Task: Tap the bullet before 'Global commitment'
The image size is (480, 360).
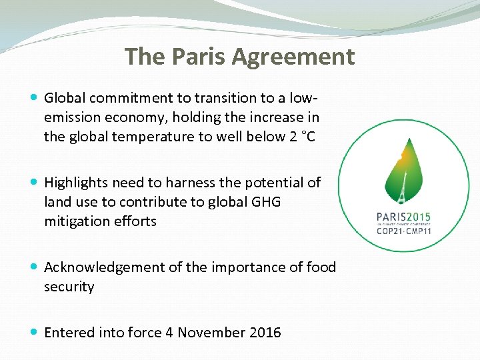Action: click(x=35, y=98)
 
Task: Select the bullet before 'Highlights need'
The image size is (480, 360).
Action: click(x=35, y=182)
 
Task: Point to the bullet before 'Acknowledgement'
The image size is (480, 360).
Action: click(x=35, y=267)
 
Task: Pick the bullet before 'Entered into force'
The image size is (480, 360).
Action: click(x=35, y=332)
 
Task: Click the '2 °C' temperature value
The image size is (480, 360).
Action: click(x=303, y=137)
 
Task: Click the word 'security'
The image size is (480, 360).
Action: click(x=69, y=287)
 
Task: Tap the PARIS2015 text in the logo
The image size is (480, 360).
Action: click(x=403, y=217)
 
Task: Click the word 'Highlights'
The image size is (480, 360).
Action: click(x=76, y=182)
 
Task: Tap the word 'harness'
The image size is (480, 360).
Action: click(x=188, y=182)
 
